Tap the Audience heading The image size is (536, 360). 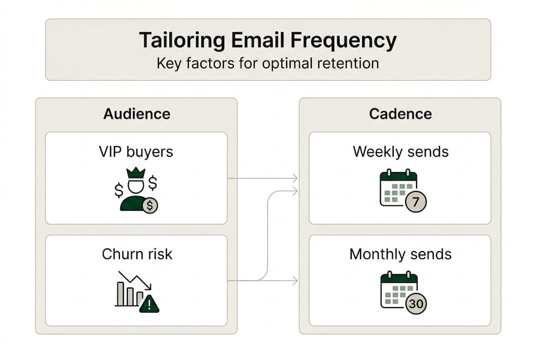[136, 114]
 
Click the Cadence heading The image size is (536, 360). [400, 114]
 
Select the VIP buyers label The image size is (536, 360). [136, 151]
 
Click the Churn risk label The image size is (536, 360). [137, 254]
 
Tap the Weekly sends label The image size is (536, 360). [401, 151]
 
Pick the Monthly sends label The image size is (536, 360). [400, 254]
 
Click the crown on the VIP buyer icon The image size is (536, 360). [136, 173]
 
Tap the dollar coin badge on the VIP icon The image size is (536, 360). [149, 205]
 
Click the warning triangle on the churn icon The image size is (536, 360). [149, 303]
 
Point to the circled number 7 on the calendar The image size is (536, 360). [416, 202]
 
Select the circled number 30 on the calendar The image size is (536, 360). [416, 303]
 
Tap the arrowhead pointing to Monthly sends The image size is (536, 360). [295, 281]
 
